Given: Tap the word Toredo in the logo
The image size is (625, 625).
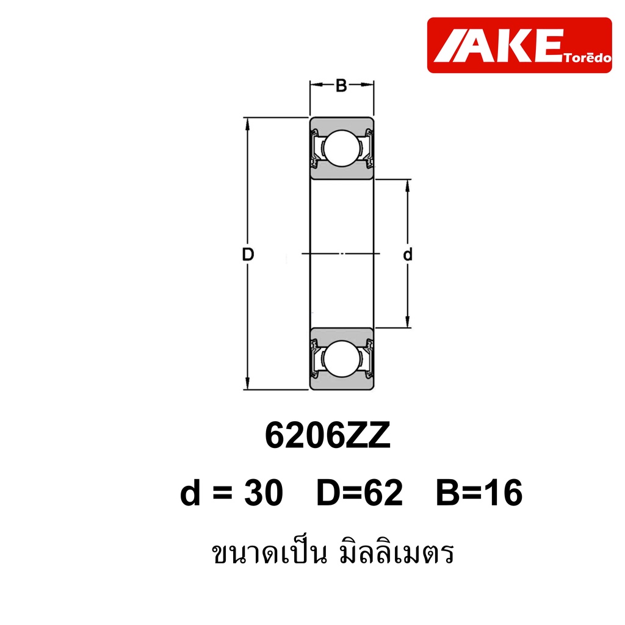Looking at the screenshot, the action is tap(588, 58).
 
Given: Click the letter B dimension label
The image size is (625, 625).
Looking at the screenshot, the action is tap(341, 85).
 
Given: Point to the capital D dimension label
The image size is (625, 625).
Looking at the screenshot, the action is tap(248, 255).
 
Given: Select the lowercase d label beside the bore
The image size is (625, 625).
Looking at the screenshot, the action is tap(407, 254).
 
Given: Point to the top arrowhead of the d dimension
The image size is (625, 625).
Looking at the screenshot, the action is tap(407, 186).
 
